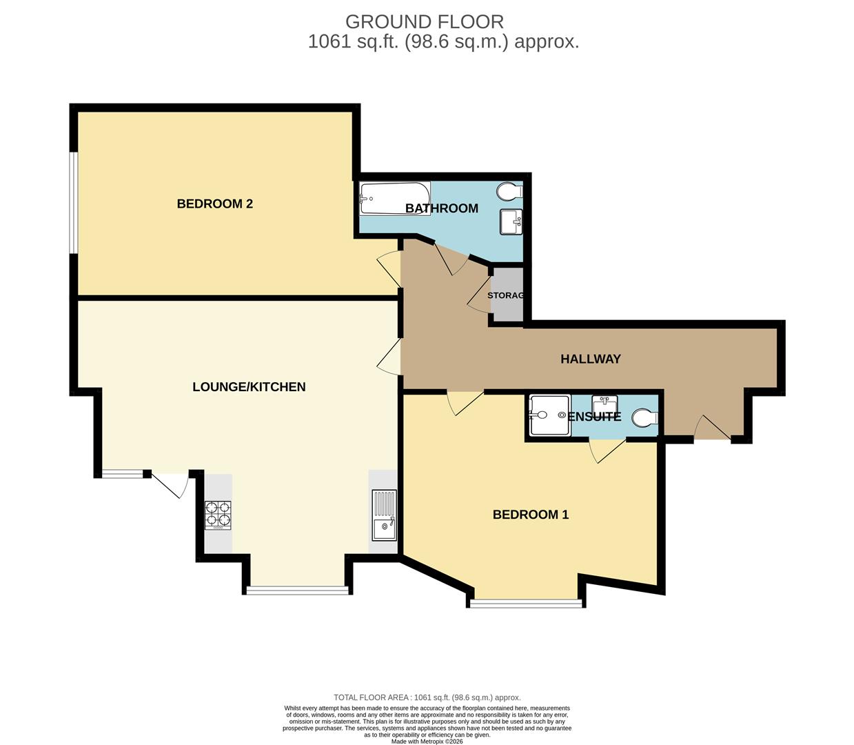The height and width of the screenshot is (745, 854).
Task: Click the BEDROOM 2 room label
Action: point(214,203)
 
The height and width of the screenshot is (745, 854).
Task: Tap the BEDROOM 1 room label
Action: point(530,515)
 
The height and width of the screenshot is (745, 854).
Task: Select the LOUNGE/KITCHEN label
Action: point(249,387)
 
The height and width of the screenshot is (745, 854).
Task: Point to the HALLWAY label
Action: point(590,359)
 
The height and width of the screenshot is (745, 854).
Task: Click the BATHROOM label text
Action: point(441,208)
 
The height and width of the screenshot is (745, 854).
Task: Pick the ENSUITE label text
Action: point(593,417)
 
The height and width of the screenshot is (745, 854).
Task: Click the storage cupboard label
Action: point(506,295)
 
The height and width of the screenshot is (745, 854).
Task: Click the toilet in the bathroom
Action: point(511,190)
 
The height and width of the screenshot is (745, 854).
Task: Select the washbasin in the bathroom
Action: point(511,222)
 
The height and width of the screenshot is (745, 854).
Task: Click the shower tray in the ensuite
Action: point(549,415)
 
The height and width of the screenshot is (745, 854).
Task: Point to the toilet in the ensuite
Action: point(645,417)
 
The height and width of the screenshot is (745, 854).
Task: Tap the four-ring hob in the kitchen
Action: point(218,515)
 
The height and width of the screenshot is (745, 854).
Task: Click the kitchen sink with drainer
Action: point(384,515)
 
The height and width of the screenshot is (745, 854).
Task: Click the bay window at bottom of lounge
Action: point(298,590)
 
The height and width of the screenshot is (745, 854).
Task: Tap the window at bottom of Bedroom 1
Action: point(526,604)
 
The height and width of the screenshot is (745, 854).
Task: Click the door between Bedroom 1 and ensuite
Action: point(607,450)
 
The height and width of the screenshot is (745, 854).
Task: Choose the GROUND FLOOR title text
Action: point(425,21)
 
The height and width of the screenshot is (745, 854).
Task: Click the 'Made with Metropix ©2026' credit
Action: point(427,742)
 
